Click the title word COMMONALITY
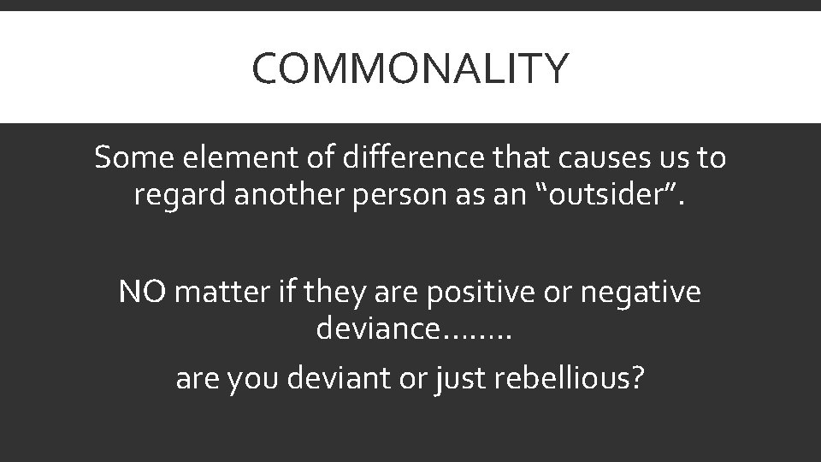(410, 69)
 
